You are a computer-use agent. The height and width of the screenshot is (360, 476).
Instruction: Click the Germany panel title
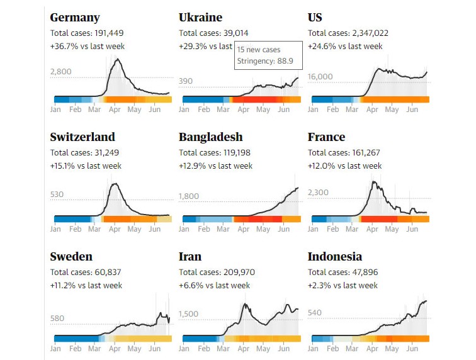(74, 18)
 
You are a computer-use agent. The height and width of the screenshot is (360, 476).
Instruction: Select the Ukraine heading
(200, 18)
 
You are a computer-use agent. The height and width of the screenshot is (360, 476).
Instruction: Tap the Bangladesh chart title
(210, 137)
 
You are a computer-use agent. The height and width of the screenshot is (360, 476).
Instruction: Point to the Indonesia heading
(334, 257)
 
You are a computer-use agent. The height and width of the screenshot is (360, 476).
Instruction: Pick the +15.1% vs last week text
(86, 166)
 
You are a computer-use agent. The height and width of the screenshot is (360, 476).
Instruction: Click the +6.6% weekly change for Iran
(214, 286)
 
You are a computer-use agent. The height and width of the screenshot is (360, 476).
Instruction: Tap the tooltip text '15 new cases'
(259, 50)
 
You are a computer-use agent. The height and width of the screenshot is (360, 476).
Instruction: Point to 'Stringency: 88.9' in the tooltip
(268, 62)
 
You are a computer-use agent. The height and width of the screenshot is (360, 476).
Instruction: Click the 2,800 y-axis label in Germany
(61, 72)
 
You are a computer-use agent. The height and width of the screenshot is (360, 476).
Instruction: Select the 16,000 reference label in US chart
(320, 77)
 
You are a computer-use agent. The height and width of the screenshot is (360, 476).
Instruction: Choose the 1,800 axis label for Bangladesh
(189, 196)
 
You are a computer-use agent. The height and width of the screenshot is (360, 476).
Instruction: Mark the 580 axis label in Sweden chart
(57, 318)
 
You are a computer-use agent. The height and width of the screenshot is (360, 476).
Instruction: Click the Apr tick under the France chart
(372, 229)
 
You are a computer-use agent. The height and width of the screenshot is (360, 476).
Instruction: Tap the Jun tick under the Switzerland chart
(154, 229)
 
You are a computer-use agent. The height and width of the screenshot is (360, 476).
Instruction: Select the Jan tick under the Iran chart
(184, 348)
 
